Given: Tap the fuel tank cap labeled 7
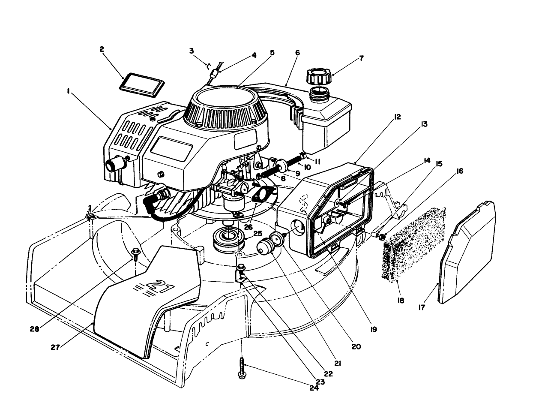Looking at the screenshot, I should point(319,78).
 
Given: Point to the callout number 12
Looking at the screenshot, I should point(397,117).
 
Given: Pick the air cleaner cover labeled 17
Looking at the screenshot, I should point(467,253).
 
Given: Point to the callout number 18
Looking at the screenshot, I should point(401,301).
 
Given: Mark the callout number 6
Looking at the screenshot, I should point(297,53).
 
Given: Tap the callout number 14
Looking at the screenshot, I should point(426,161).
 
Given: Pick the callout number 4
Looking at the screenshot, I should point(254,55).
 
